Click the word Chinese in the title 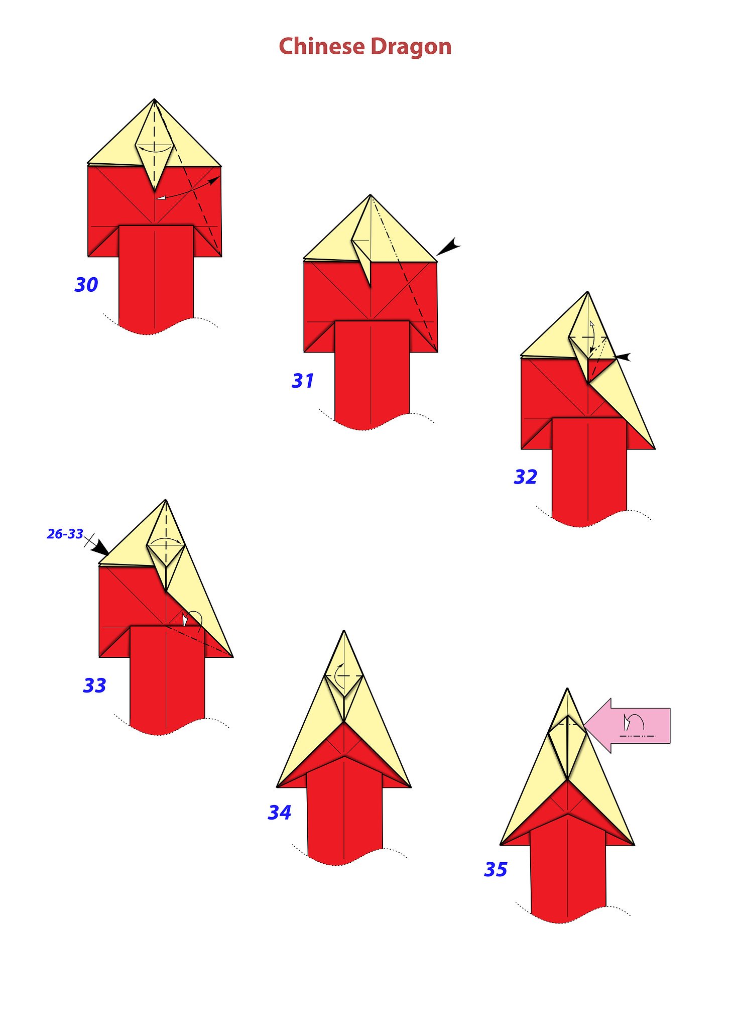point(321,47)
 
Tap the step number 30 point(86,285)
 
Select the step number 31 point(303,381)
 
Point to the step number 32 point(525,477)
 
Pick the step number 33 point(94,685)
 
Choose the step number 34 point(279,813)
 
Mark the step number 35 point(496,870)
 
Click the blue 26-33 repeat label point(65,534)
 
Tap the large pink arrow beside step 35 point(628,726)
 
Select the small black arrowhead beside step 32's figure point(623,357)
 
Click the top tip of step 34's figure point(344,630)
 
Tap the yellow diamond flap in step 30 point(154,146)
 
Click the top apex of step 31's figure point(371,195)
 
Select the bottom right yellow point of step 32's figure point(655,448)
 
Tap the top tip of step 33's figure point(166,500)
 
